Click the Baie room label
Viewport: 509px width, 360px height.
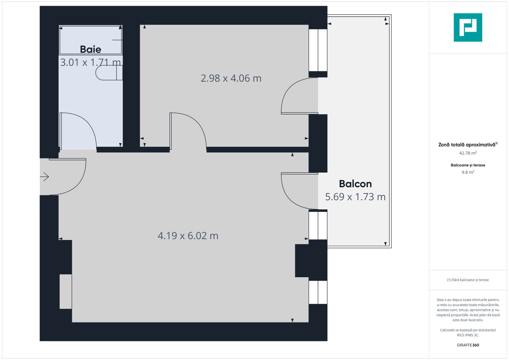[90, 49]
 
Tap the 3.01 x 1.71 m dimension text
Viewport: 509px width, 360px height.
[90, 62]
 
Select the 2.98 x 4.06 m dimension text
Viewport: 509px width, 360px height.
[231, 78]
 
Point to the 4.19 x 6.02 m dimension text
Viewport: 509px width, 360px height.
[188, 236]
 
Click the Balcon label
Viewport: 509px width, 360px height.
[355, 184]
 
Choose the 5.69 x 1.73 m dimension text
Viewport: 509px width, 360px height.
[355, 197]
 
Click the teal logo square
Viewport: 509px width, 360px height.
[468, 27]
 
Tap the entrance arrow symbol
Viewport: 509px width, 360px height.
[45, 177]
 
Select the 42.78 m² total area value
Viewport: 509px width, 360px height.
[468, 153]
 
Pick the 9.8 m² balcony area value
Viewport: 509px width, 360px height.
[468, 172]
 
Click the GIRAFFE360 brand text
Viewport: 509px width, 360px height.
[468, 345]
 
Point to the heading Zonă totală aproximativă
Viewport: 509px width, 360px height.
[467, 145]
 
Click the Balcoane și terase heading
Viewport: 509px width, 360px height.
[468, 165]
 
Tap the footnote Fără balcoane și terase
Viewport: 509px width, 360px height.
[468, 280]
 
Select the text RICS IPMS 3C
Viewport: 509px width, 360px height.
[468, 335]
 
